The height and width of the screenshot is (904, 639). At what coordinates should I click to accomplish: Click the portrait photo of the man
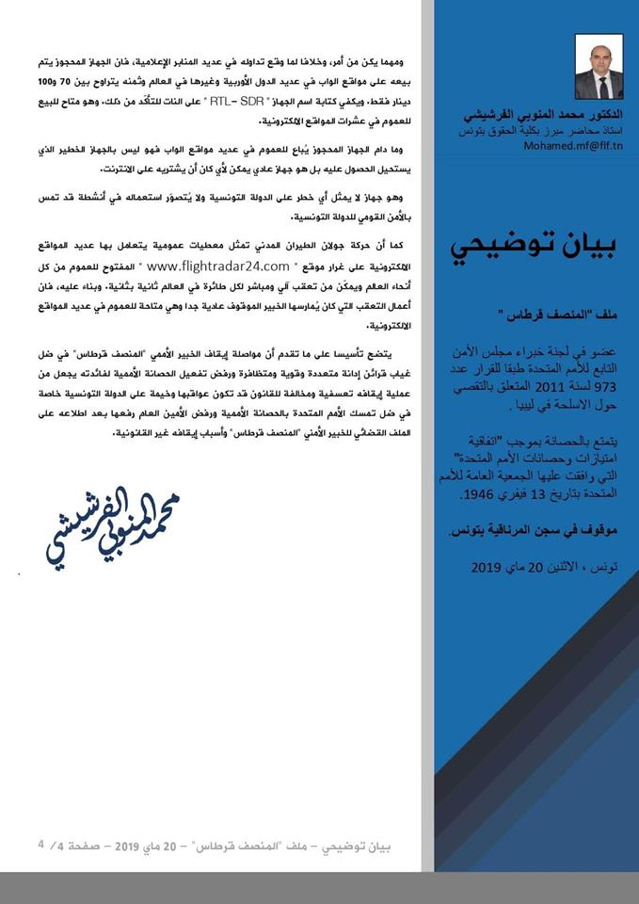pos(599,67)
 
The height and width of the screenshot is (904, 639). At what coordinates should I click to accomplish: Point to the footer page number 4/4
pos(50,844)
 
